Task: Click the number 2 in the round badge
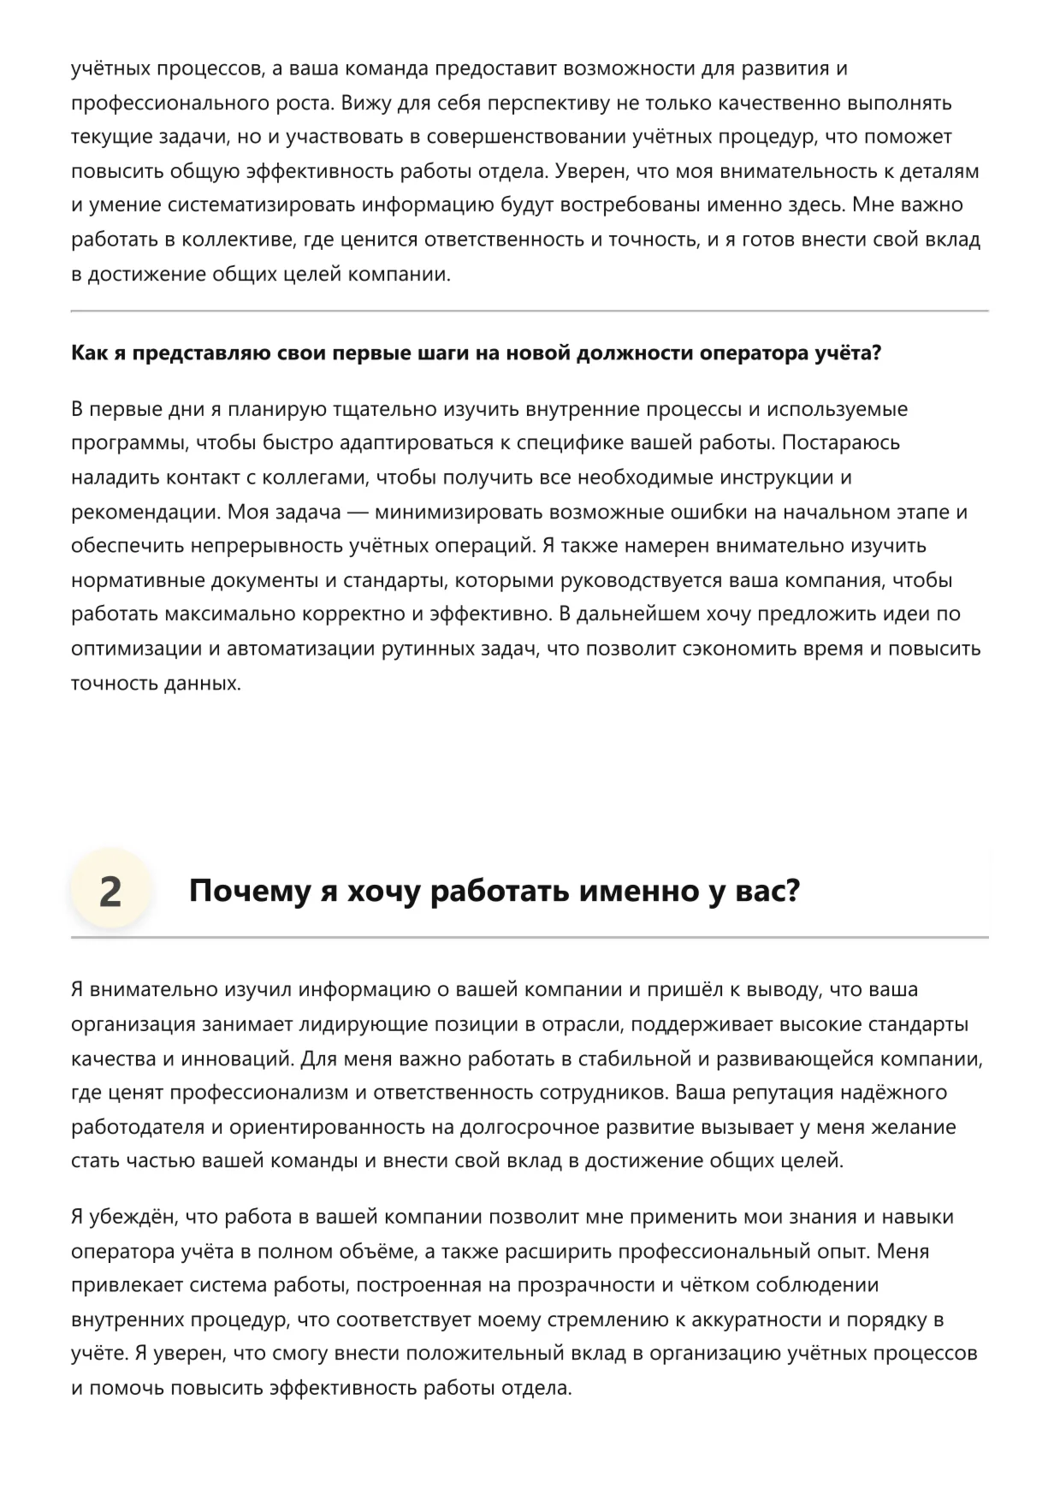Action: click(x=110, y=892)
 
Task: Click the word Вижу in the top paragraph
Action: click(x=366, y=103)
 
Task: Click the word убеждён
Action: click(x=127, y=1217)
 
